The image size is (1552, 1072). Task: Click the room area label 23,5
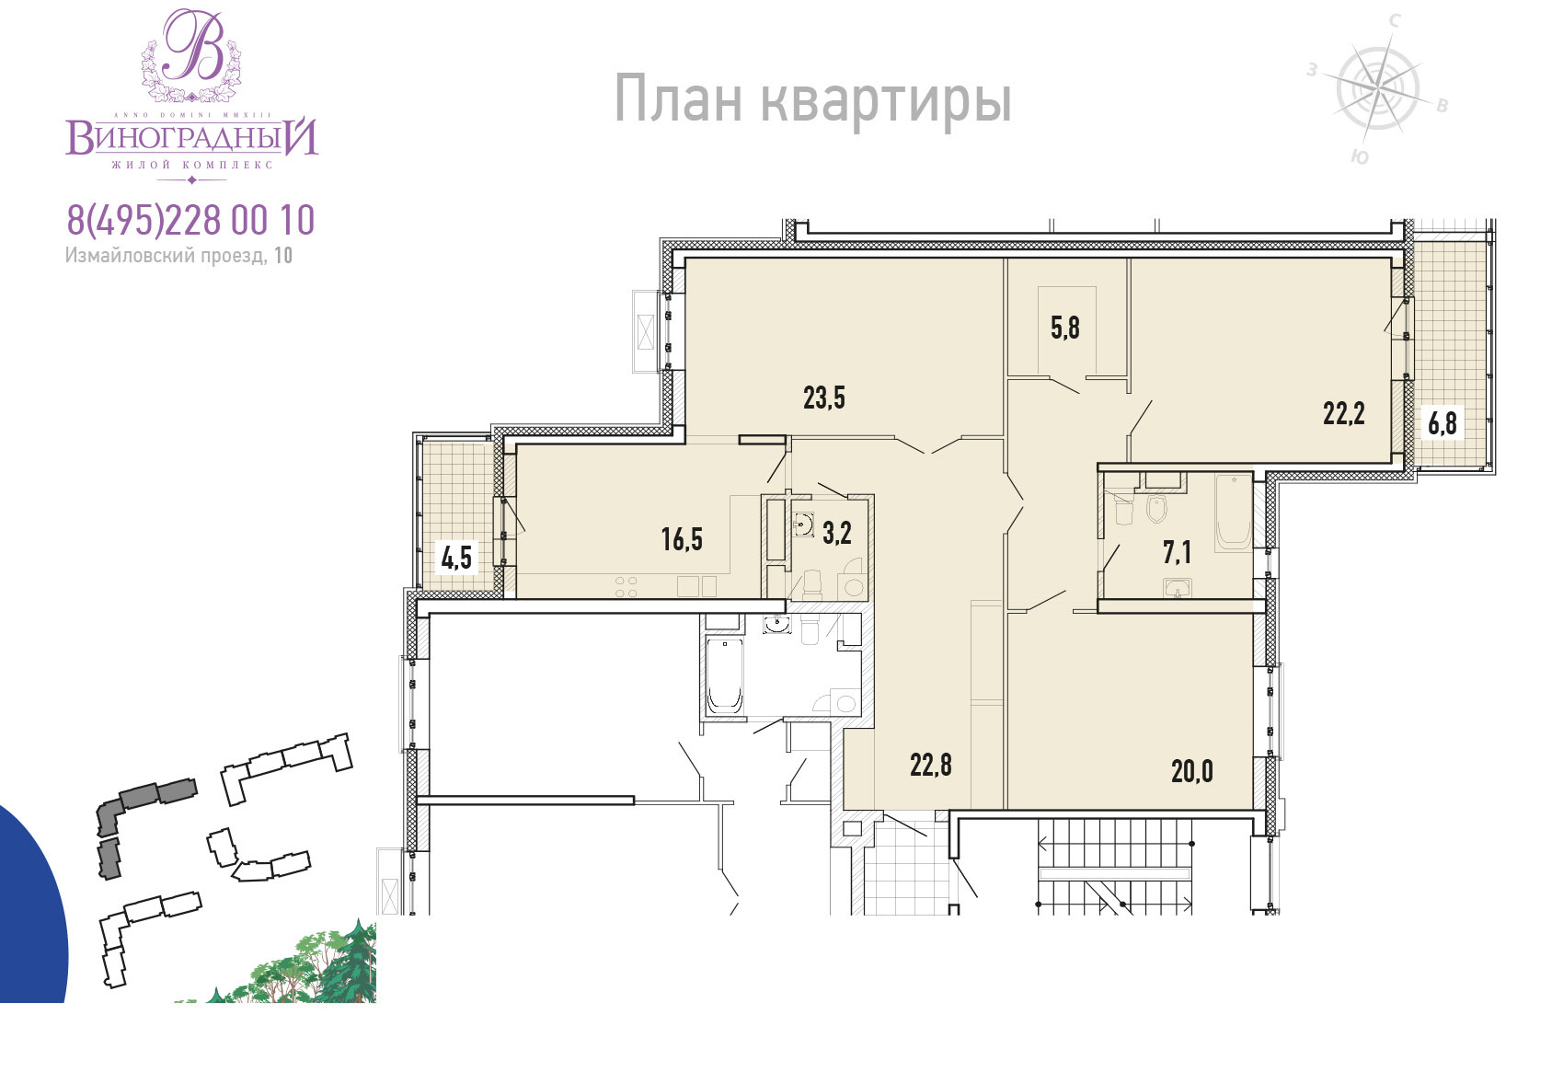pyautogui.click(x=823, y=398)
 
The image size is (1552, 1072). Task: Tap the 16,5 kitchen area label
pyautogui.click(x=682, y=539)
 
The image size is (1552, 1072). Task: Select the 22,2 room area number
pyautogui.click(x=1343, y=414)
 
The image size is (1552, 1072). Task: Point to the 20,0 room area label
pyautogui.click(x=1191, y=771)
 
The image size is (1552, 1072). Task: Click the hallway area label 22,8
pyautogui.click(x=930, y=766)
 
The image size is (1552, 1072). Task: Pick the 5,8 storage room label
pyautogui.click(x=1065, y=328)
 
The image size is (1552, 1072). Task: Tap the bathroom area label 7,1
pyautogui.click(x=1177, y=552)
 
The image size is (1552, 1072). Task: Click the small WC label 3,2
pyautogui.click(x=837, y=533)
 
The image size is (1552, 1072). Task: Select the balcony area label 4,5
pyautogui.click(x=456, y=557)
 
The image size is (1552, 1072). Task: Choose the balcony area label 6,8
pyautogui.click(x=1442, y=422)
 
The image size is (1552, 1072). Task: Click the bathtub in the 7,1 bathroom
pyautogui.click(x=1234, y=513)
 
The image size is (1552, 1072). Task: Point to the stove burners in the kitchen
pyautogui.click(x=627, y=587)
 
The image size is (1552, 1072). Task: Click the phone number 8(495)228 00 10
pyautogui.click(x=190, y=220)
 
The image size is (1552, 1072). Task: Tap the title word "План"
pyautogui.click(x=678, y=99)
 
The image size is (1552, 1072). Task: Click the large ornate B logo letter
pyautogui.click(x=193, y=46)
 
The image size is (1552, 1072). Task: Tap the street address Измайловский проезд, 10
pyautogui.click(x=178, y=256)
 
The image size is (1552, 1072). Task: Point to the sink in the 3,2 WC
pyautogui.click(x=803, y=524)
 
